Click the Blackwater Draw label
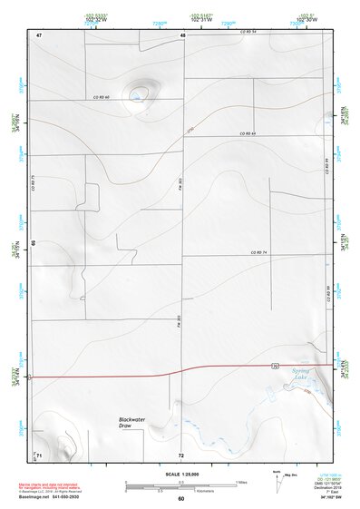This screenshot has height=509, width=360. click(132, 422)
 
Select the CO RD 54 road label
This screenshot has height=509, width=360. click(248, 33)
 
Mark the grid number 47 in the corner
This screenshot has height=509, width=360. click(39, 34)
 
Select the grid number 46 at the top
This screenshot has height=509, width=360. click(182, 34)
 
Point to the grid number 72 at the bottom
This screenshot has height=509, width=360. click(181, 454)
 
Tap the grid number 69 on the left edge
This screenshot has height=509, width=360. click(34, 243)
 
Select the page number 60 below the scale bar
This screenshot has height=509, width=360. click(180, 499)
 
